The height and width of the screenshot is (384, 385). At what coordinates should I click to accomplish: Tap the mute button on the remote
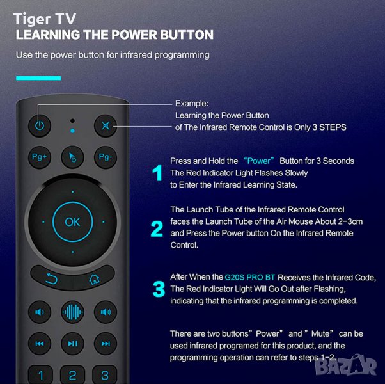pyautogui.click(x=106, y=126)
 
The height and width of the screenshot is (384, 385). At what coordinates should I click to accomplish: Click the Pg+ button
pyautogui.click(x=40, y=157)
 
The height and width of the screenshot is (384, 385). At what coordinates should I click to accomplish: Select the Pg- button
pyautogui.click(x=106, y=157)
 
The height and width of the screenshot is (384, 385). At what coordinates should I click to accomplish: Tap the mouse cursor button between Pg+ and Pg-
pyautogui.click(x=72, y=157)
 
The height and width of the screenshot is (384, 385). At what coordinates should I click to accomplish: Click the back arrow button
pyautogui.click(x=52, y=278)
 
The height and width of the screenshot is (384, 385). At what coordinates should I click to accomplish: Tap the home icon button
pyautogui.click(x=94, y=278)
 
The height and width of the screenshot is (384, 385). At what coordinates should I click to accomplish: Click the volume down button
pyautogui.click(x=40, y=312)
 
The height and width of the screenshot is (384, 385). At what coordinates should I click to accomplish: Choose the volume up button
pyautogui.click(x=106, y=312)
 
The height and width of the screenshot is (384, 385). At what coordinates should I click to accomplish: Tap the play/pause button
pyautogui.click(x=72, y=344)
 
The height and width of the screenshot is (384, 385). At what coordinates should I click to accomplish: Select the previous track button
pyautogui.click(x=40, y=344)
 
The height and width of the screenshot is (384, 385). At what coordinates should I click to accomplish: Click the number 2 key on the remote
pyautogui.click(x=72, y=375)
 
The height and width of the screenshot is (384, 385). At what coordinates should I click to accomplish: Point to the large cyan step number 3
pyautogui.click(x=159, y=289)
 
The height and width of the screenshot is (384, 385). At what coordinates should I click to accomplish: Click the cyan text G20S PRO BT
pyautogui.click(x=249, y=277)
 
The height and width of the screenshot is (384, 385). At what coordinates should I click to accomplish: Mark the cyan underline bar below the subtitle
pyautogui.click(x=38, y=78)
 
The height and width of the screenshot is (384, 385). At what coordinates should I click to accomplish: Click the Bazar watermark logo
pyautogui.click(x=346, y=366)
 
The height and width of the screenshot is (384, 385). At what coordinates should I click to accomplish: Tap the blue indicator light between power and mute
pyautogui.click(x=72, y=131)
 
